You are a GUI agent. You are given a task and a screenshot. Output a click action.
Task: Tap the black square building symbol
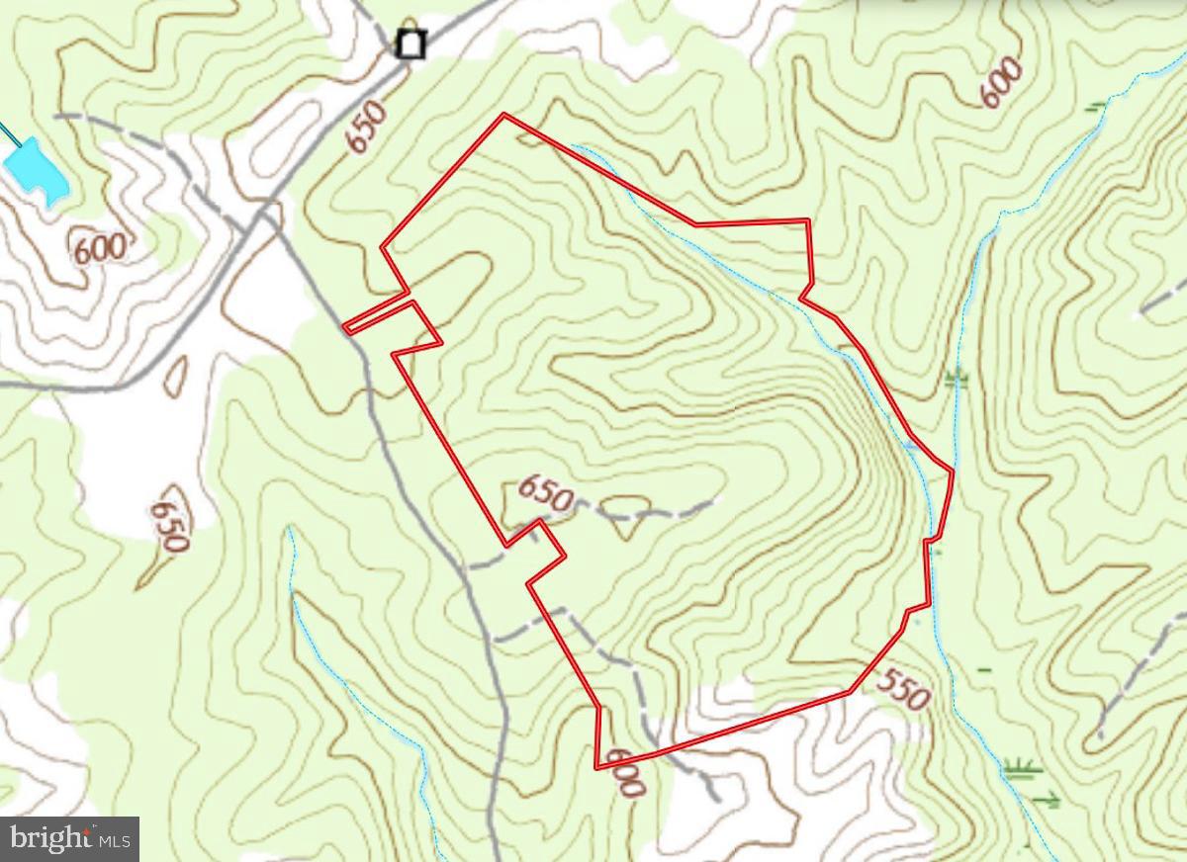(410, 44)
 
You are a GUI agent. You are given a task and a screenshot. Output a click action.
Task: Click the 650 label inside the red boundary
(544, 493)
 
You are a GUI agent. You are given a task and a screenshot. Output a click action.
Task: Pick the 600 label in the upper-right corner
(1001, 82)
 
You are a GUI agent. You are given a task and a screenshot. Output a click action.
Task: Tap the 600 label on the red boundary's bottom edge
(625, 772)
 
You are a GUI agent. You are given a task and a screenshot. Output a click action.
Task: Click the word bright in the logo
(46, 839)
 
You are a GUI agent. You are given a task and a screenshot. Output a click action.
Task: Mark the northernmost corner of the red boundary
(504, 115)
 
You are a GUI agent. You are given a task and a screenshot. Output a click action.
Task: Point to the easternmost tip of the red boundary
(953, 472)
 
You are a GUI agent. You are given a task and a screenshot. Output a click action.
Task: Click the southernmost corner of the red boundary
(596, 767)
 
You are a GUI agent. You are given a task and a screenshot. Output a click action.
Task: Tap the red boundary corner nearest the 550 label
(851, 691)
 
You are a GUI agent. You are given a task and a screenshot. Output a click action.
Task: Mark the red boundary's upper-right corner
(809, 220)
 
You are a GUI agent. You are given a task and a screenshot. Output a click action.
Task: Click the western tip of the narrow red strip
(345, 327)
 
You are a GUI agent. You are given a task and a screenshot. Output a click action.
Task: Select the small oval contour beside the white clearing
(177, 372)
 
